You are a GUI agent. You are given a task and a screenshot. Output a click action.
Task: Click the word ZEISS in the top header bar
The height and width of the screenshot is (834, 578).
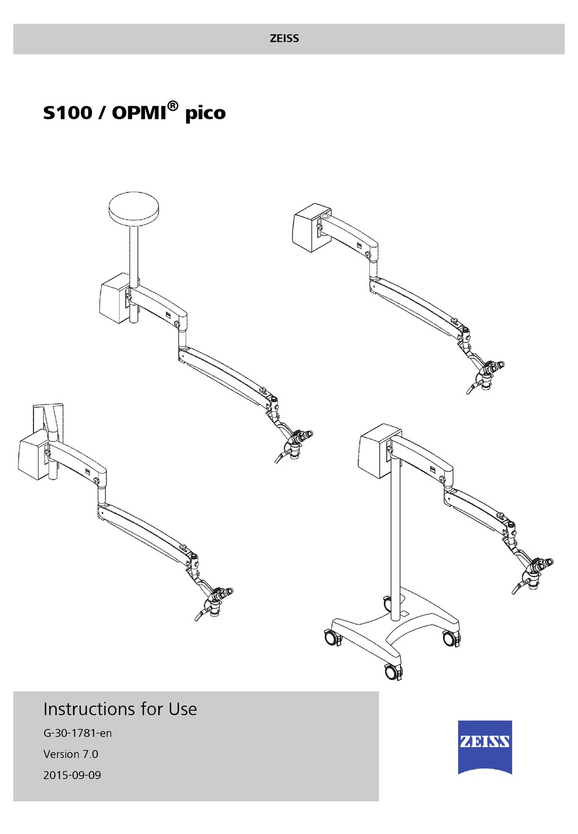tap(284, 39)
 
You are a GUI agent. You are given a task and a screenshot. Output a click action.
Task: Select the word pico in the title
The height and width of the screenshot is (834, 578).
tap(205, 113)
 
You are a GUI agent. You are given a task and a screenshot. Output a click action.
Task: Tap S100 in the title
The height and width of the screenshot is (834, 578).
tap(68, 113)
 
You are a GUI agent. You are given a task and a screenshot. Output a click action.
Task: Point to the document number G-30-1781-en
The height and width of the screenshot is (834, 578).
tap(77, 734)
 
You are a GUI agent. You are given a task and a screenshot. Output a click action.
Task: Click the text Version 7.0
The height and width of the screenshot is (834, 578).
tap(71, 754)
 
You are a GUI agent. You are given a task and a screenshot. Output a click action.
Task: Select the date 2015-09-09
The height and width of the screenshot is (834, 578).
tap(72, 776)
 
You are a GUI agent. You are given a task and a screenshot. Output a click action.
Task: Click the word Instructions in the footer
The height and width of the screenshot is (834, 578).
tap(89, 709)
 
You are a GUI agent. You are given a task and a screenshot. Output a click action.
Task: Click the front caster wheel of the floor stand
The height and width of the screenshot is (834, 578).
tap(393, 672)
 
